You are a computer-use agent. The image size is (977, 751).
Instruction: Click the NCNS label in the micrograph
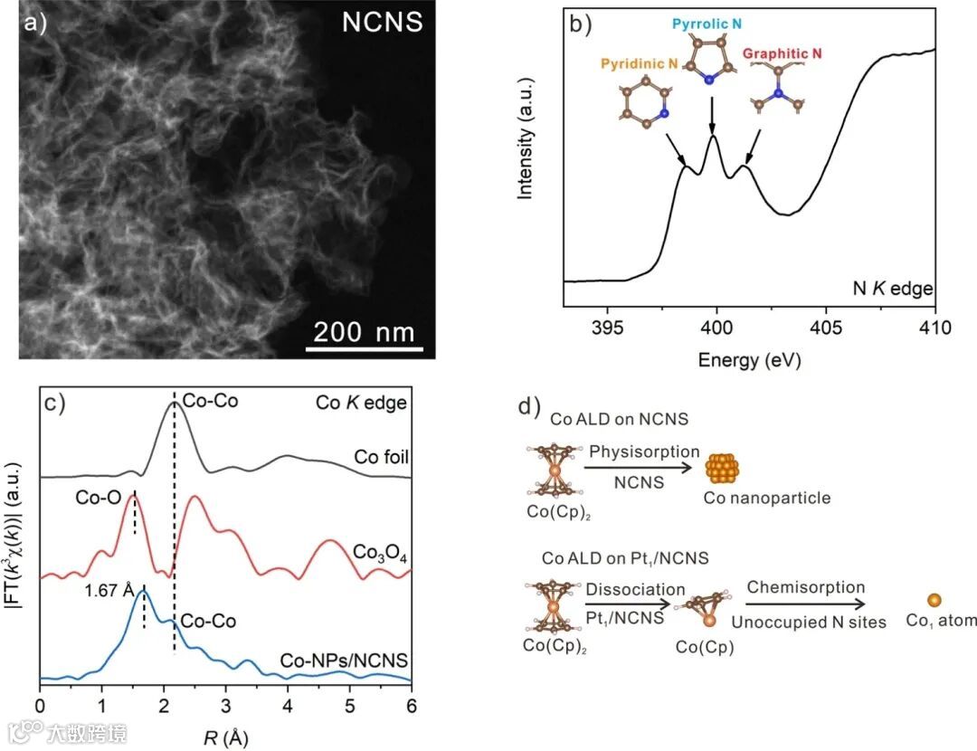point(382,22)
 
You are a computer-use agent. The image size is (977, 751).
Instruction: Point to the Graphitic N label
point(783,54)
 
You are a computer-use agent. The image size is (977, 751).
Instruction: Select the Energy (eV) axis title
point(749,360)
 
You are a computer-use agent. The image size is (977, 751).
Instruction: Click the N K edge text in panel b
point(893,290)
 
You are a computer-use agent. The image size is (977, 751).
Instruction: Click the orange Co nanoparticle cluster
point(720,468)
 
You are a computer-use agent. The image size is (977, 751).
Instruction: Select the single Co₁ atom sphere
point(933,600)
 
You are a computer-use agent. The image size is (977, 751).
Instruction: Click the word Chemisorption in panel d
point(805,587)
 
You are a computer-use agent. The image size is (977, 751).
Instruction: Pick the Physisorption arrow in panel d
point(638,468)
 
